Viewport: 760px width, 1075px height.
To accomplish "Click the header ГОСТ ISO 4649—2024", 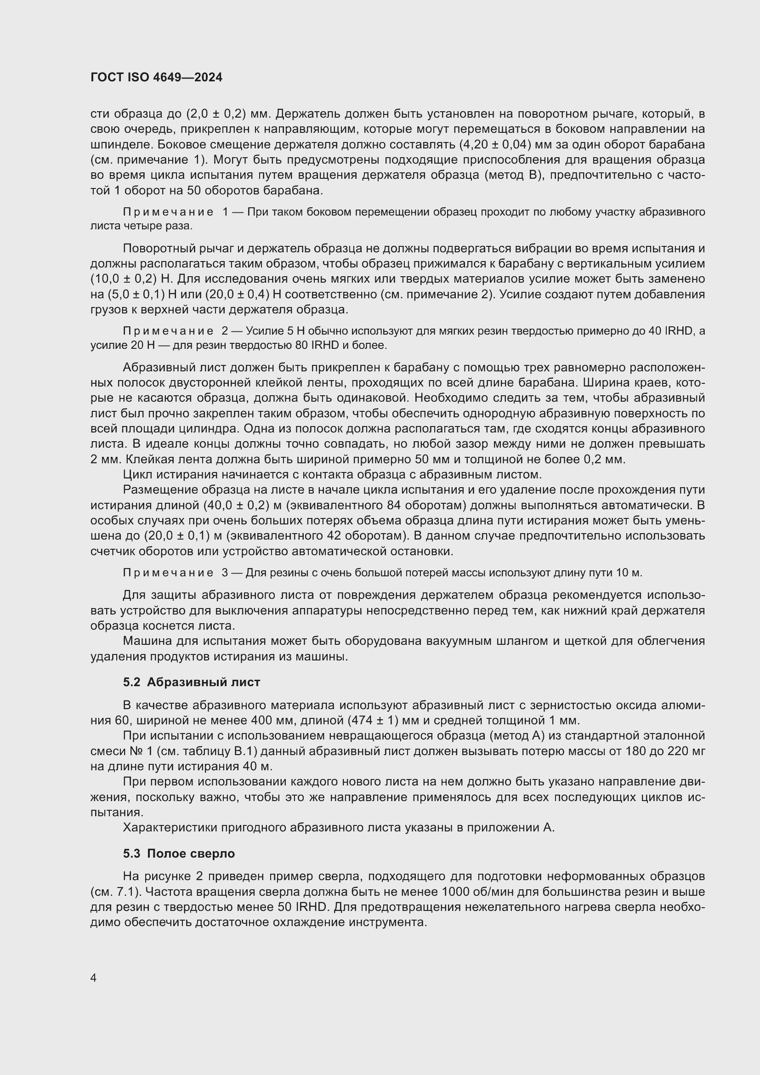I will tap(156, 78).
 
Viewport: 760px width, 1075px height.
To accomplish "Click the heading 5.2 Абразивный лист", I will tap(192, 682).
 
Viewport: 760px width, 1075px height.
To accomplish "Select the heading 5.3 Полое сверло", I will tap(179, 853).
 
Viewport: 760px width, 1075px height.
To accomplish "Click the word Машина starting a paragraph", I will tap(148, 641).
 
